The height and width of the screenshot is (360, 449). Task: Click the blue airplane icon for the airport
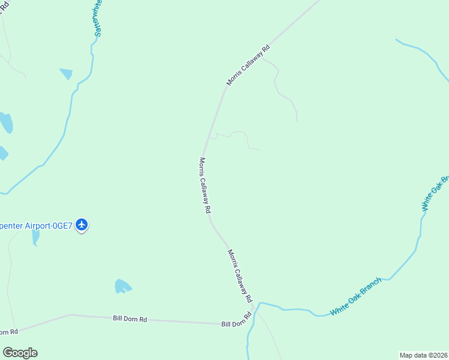pyautogui.click(x=82, y=225)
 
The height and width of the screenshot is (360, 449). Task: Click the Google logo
pyautogui.click(x=20, y=353)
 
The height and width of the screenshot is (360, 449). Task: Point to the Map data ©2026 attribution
pyautogui.click(x=423, y=355)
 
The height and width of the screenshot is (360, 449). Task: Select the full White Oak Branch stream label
pyautogui.click(x=356, y=296)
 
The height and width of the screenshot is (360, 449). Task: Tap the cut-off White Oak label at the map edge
pyautogui.click(x=436, y=193)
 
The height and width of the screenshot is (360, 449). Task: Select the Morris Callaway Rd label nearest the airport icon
pyautogui.click(x=205, y=185)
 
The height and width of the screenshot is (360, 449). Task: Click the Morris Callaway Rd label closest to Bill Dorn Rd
pyautogui.click(x=240, y=275)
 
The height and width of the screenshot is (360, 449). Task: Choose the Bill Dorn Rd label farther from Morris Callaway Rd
pyautogui.click(x=130, y=319)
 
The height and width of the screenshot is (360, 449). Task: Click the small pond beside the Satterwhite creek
pyautogui.click(x=66, y=74)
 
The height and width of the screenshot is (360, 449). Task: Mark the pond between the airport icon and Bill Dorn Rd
pyautogui.click(x=122, y=286)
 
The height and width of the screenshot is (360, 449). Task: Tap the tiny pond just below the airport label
pyautogui.click(x=35, y=237)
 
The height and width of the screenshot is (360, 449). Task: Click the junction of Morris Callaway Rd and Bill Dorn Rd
pyautogui.click(x=254, y=309)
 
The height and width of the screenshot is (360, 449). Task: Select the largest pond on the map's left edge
pyautogui.click(x=6, y=122)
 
